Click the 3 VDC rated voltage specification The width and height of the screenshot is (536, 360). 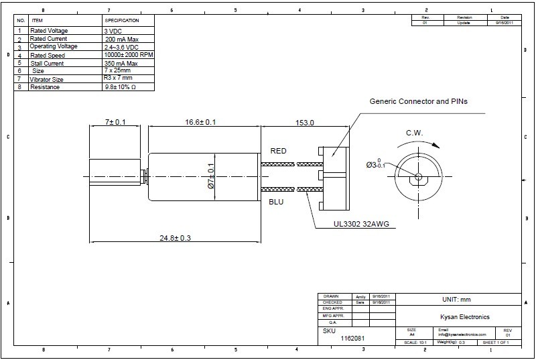(x=114, y=31)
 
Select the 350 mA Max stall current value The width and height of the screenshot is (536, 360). (x=121, y=63)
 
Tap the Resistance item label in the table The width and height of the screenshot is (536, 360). (x=45, y=87)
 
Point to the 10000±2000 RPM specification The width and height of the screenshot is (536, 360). (x=127, y=55)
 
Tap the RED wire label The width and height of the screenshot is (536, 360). (x=278, y=151)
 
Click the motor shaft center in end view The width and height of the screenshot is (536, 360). (x=417, y=177)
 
